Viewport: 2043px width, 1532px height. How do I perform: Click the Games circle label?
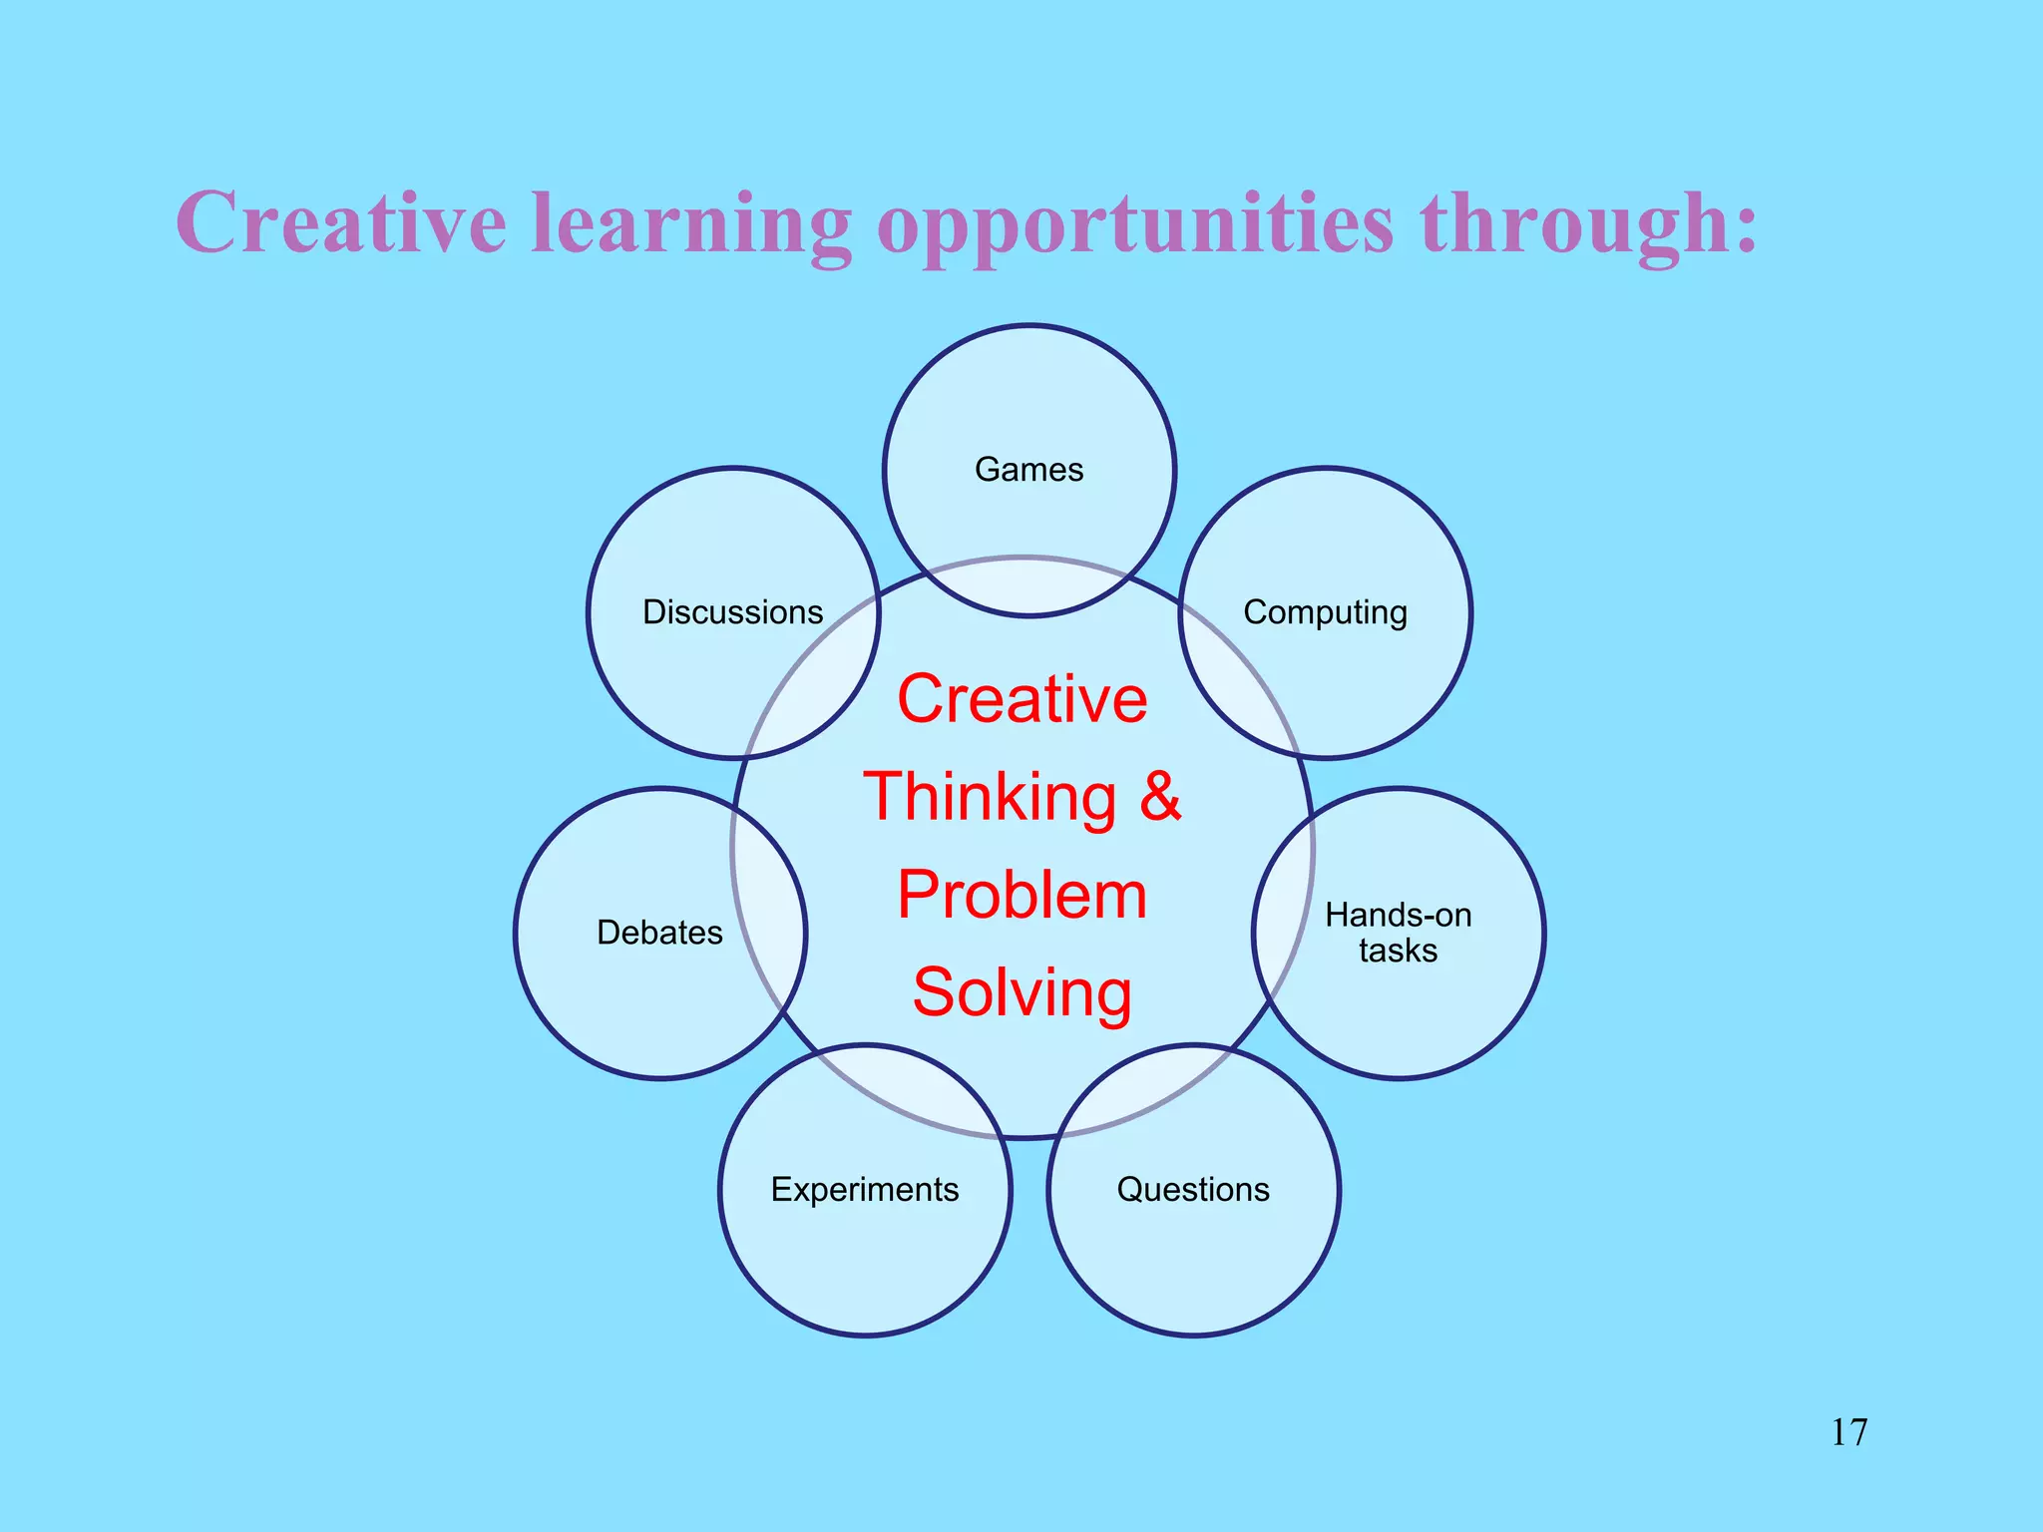point(1028,470)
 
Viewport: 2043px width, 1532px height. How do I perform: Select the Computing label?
point(1325,612)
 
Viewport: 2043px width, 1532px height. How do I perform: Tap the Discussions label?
point(732,612)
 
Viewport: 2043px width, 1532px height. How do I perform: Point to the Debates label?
point(659,933)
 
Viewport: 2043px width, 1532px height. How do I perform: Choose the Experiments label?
point(865,1190)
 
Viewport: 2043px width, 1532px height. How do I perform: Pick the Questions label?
point(1193,1190)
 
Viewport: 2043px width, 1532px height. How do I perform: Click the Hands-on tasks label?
point(1398,933)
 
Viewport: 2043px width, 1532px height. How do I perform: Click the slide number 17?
point(1848,1432)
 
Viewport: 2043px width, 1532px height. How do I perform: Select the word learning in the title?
point(690,225)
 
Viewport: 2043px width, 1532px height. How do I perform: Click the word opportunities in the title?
point(1134,225)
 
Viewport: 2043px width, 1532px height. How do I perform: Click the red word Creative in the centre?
point(1022,698)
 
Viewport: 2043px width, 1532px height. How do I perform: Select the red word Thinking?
point(990,797)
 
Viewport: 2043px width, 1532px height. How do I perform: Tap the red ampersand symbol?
point(1160,797)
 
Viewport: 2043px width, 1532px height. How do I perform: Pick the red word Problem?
point(1022,895)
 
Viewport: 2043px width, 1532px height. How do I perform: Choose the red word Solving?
point(1022,992)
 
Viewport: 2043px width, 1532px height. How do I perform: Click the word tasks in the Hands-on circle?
point(1398,951)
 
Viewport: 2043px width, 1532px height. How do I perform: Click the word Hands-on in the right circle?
point(1398,915)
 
